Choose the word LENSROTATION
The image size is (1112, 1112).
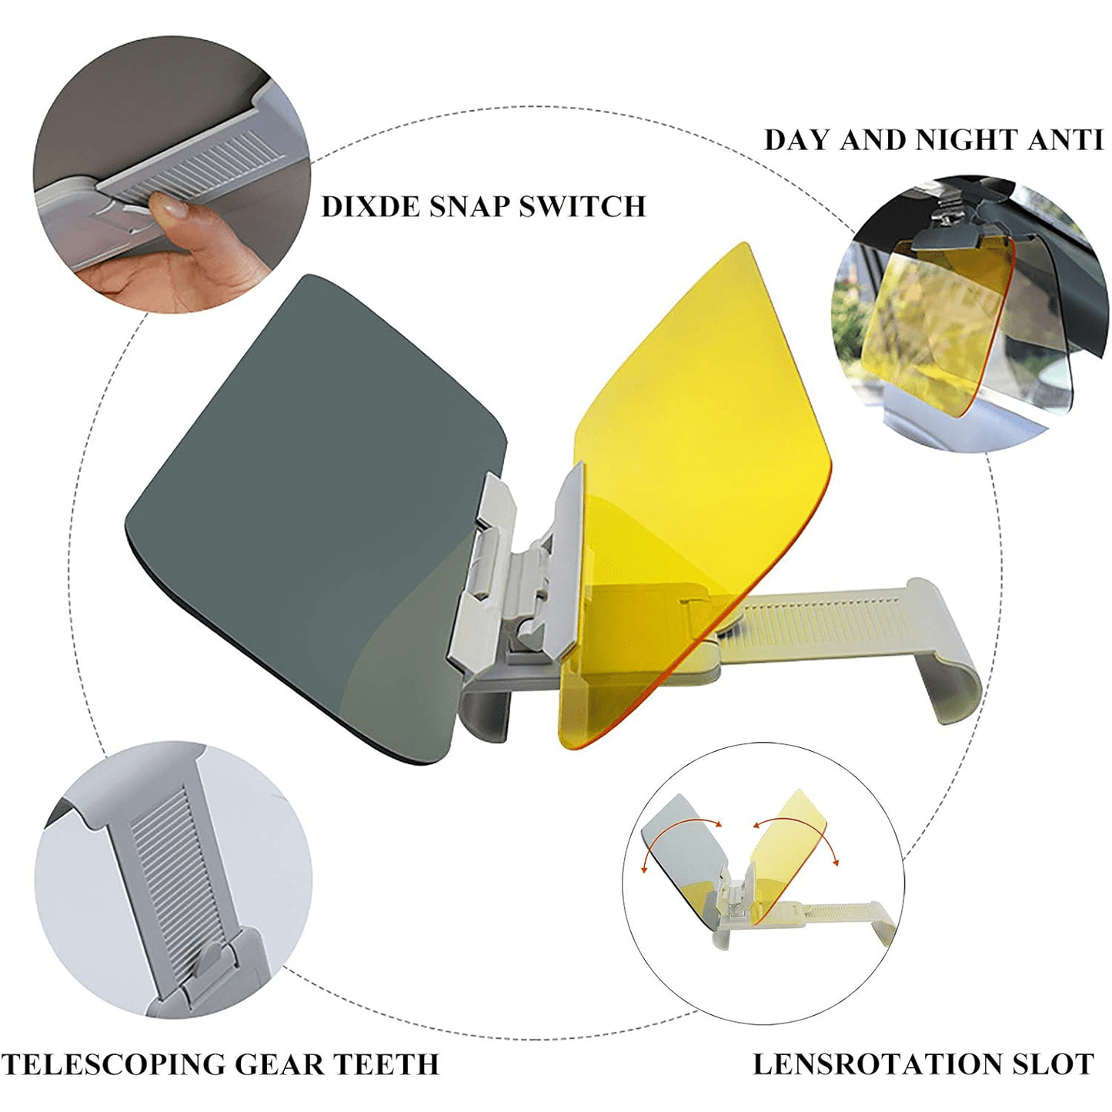point(877,1064)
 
